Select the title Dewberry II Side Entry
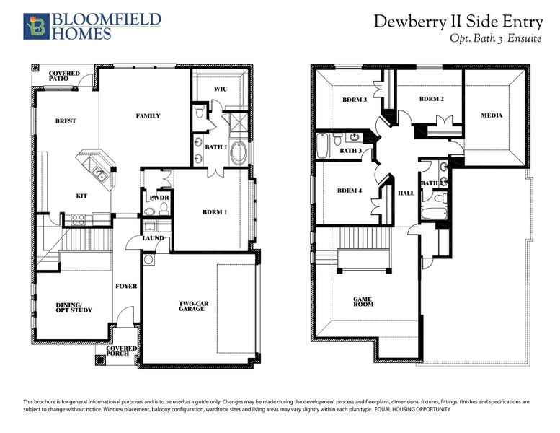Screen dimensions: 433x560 pyautogui.click(x=457, y=22)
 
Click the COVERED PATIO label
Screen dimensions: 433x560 pyautogui.click(x=64, y=77)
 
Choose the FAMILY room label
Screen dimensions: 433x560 pyautogui.click(x=148, y=115)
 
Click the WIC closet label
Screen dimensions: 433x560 pyautogui.click(x=221, y=89)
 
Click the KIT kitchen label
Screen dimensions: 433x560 pyautogui.click(x=82, y=196)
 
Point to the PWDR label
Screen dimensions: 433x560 pyautogui.click(x=159, y=197)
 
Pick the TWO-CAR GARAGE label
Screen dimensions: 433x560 pyautogui.click(x=194, y=307)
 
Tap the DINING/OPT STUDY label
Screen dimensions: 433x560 pyautogui.click(x=74, y=308)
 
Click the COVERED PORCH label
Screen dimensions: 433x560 pyautogui.click(x=121, y=351)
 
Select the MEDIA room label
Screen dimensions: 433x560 pyautogui.click(x=492, y=115)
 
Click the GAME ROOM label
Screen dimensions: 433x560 pyautogui.click(x=362, y=302)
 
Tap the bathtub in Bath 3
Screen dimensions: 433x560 pyautogui.click(x=322, y=147)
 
